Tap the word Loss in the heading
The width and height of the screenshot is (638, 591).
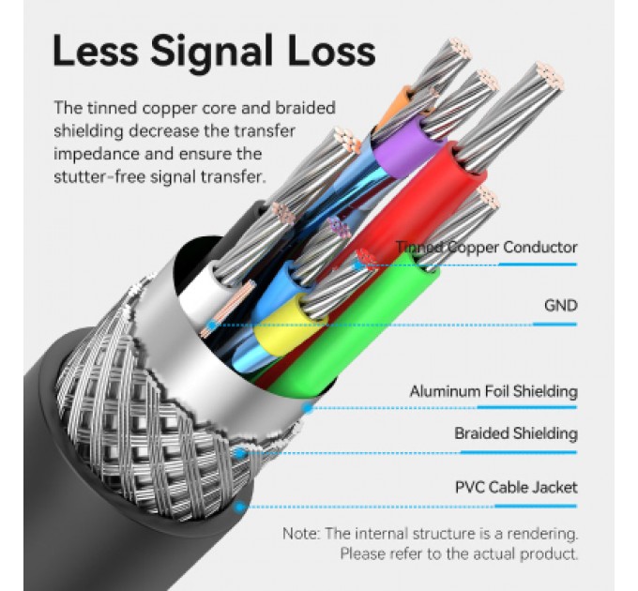pos(331,51)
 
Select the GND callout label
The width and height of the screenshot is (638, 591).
pos(561,306)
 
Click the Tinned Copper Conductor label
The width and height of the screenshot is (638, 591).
pos(487,248)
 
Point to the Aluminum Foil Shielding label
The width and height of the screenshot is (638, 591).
pos(494,392)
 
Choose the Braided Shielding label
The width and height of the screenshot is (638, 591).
pos(516,433)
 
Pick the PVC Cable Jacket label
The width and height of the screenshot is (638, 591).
pos(516,487)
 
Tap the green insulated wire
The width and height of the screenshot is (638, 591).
pos(350,326)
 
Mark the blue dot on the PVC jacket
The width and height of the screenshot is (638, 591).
pos(240,507)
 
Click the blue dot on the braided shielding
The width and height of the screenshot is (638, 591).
pos(240,453)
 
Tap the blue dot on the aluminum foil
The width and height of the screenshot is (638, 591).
pos(308,407)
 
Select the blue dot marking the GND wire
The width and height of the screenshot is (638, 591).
pos(212,325)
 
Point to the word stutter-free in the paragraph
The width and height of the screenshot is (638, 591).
pos(99,177)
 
